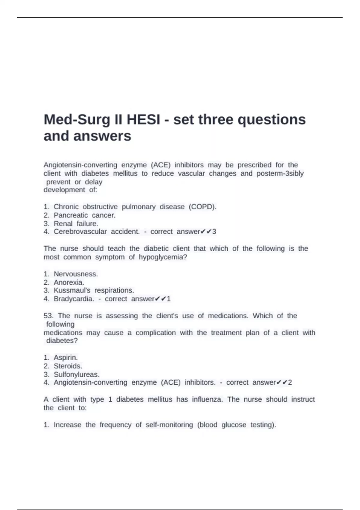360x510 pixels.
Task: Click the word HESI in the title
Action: pos(143,120)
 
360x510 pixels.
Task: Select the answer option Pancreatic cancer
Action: pos(84,215)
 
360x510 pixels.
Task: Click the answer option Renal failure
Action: pos(76,223)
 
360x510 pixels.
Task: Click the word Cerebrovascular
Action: pos(80,232)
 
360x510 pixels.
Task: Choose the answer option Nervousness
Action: pos(76,274)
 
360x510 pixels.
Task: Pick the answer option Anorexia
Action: pos(69,282)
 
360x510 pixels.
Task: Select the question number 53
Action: pos(48,316)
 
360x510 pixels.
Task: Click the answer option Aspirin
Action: pos(65,358)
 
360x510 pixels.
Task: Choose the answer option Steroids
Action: pos(68,366)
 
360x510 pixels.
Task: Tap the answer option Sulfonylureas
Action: pos(76,374)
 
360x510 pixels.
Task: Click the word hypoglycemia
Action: pos(163,257)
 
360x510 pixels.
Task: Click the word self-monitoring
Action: pos(169,425)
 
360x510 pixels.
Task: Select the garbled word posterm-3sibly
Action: pos(280,173)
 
